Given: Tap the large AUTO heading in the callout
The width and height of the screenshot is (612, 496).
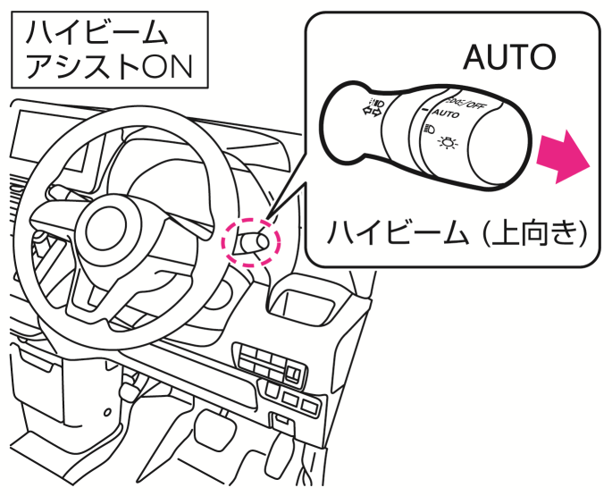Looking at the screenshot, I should coord(509,58).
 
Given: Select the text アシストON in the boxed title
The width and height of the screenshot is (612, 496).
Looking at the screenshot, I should coord(108,66).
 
